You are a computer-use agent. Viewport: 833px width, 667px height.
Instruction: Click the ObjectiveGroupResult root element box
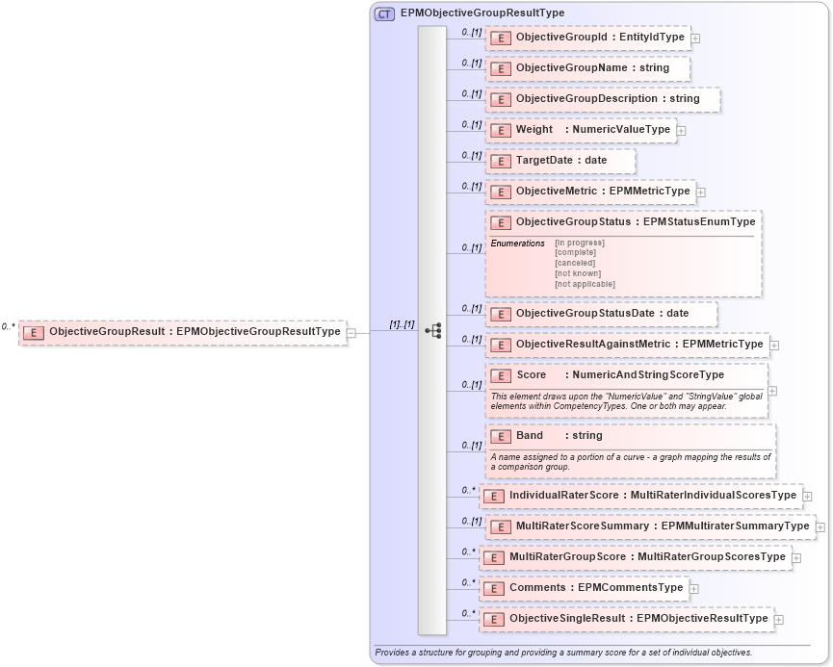[x=183, y=332]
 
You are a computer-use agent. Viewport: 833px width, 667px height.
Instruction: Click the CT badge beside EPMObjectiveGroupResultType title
[x=384, y=13]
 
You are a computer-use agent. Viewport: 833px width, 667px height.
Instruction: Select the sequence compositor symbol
[x=432, y=330]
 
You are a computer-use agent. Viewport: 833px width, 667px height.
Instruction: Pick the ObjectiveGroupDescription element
[x=602, y=99]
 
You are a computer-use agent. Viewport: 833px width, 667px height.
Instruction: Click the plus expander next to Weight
[x=681, y=130]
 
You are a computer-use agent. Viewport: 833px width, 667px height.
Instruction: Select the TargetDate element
[x=560, y=161]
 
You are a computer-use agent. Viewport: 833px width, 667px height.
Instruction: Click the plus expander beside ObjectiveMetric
[x=701, y=192]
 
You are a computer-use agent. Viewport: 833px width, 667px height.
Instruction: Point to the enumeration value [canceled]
[x=575, y=263]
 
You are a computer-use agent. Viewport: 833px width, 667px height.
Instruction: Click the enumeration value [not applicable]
[x=585, y=284]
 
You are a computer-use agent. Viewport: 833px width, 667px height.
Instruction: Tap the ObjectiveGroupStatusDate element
[x=601, y=314]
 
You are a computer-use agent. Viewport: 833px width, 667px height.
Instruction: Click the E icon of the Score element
[x=500, y=375]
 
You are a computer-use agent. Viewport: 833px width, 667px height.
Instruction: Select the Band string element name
[x=530, y=436]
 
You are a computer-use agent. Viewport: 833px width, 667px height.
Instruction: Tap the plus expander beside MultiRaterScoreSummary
[x=820, y=526]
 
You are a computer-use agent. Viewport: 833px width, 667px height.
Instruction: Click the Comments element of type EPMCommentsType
[x=584, y=588]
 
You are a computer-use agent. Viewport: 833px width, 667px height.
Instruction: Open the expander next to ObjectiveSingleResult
[x=779, y=619]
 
